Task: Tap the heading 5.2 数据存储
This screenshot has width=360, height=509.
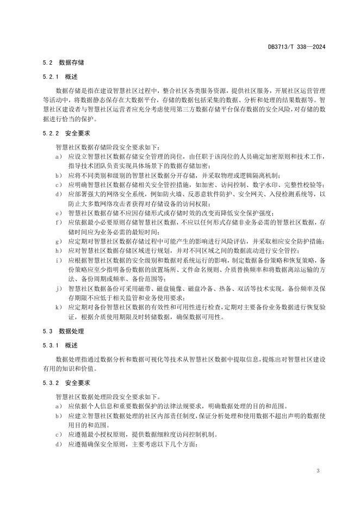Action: coord(63,63)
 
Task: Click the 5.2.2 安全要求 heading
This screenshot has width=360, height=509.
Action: coord(66,133)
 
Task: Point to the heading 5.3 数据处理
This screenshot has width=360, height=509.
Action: coord(63,331)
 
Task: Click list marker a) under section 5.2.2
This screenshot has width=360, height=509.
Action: coord(58,157)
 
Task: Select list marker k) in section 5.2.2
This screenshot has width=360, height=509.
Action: coord(58,307)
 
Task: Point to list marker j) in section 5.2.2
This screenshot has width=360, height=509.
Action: coord(58,288)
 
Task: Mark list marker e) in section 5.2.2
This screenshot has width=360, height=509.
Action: coord(58,213)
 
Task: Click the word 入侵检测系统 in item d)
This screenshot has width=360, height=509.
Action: coord(299,194)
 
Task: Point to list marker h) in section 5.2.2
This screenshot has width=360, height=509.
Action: coord(58,251)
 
